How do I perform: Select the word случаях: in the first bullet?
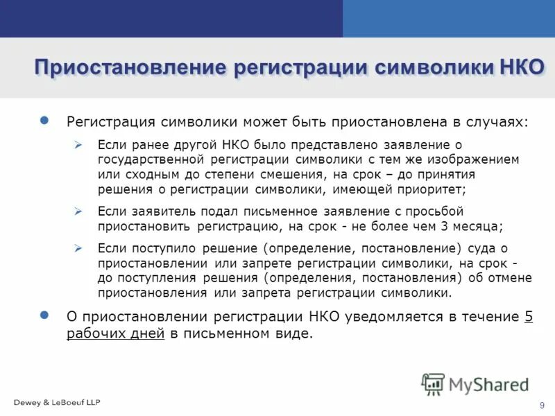[x=493, y=122]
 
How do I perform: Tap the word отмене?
[x=509, y=277]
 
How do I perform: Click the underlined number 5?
[x=529, y=317]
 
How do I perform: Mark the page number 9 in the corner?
[x=541, y=405]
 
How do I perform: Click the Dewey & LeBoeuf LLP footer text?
[x=57, y=402]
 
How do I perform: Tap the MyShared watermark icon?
[x=434, y=383]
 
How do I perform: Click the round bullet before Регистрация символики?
[x=45, y=121]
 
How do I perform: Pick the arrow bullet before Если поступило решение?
[x=78, y=248]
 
